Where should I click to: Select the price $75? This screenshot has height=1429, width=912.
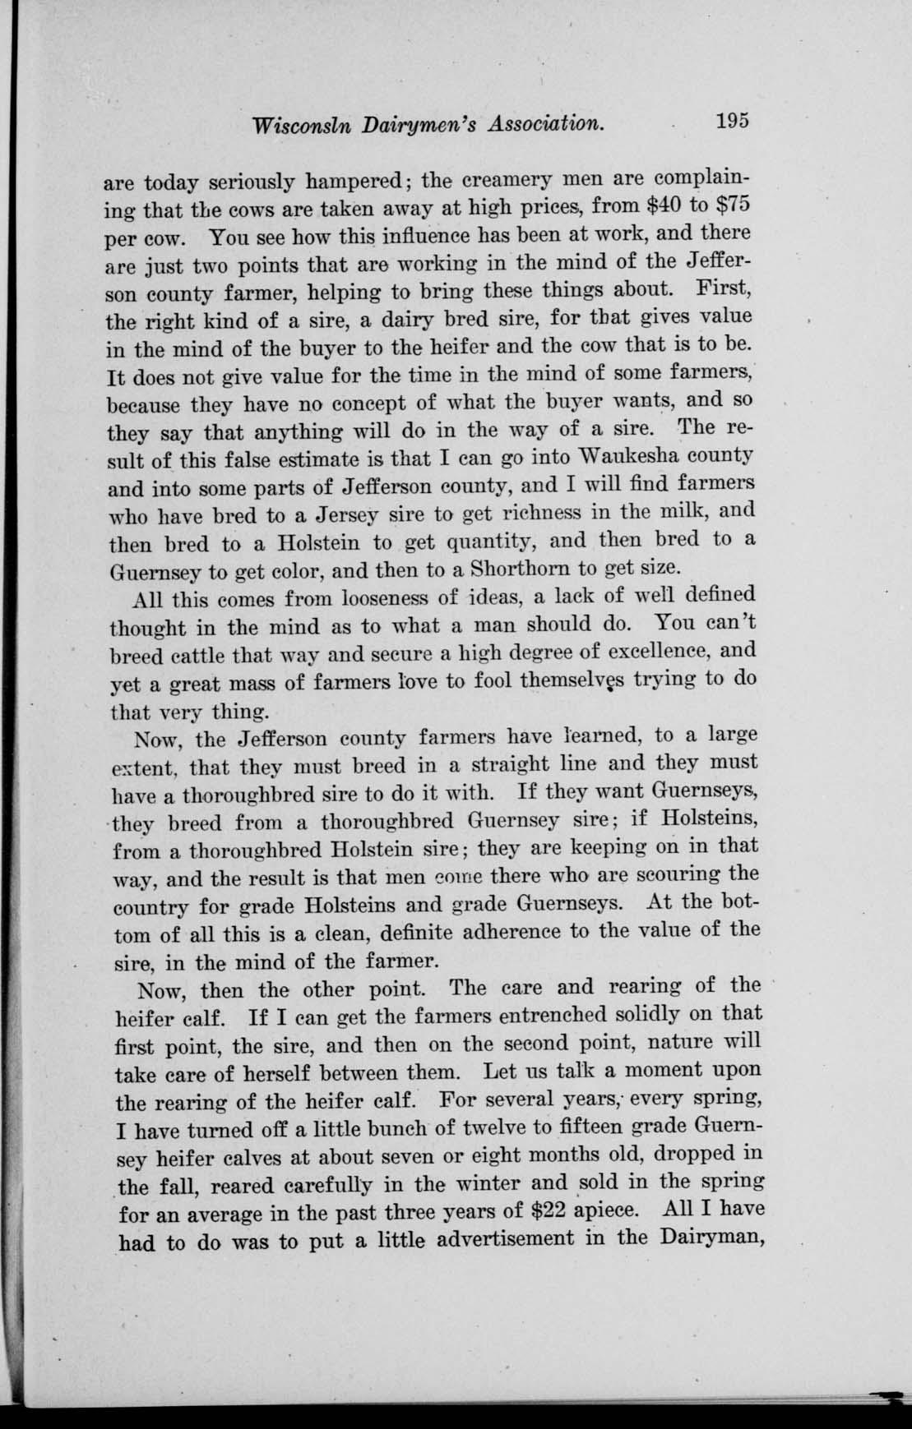tap(729, 205)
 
